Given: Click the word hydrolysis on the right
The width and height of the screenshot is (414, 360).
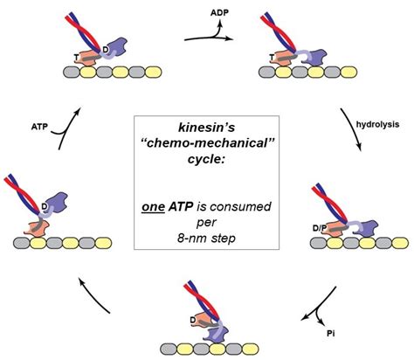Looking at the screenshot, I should coord(376,124).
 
